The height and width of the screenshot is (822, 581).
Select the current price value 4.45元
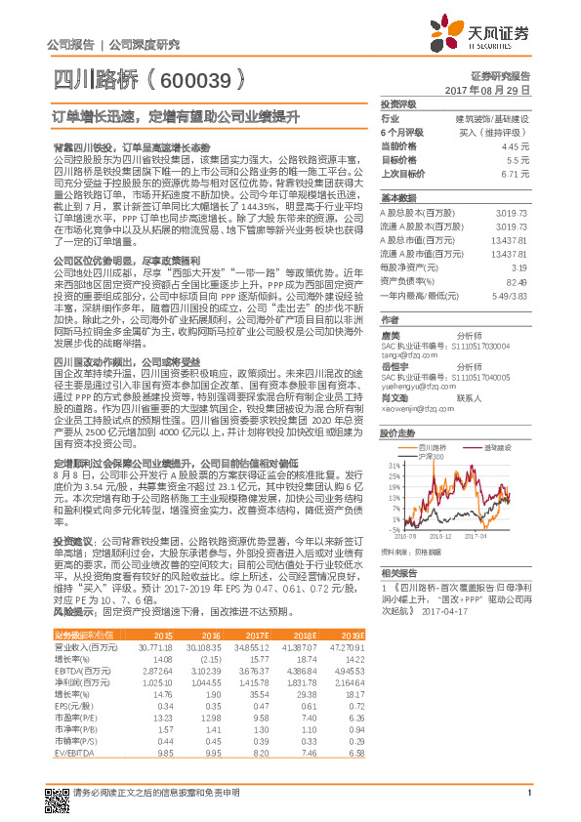tap(518, 146)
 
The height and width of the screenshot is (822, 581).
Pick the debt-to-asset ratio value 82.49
tap(518, 281)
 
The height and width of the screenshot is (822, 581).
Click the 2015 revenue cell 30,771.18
tap(156, 646)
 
